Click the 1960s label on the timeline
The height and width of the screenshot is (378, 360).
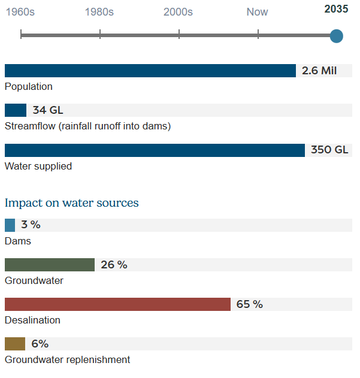pos(20,12)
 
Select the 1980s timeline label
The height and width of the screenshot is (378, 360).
pos(99,12)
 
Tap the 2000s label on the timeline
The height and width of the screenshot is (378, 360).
pos(178,12)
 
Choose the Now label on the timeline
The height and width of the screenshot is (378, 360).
pos(258,12)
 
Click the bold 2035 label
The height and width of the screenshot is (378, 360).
pos(336,9)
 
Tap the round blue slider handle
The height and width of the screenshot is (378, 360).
pos(337,36)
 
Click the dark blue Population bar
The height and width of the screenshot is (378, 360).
pos(150,71)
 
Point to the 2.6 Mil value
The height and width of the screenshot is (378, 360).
pos(319,71)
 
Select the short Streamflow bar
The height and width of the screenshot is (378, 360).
pos(16,110)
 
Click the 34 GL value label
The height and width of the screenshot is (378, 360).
pos(48,110)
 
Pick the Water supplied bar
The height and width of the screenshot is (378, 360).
pos(155,150)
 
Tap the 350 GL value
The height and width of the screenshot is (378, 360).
pos(329,150)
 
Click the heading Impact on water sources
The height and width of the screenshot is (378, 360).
pos(72,203)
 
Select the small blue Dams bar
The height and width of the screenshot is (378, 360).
pos(10,225)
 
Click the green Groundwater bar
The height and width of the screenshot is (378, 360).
pos(50,265)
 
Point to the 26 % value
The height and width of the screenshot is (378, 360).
pos(114,265)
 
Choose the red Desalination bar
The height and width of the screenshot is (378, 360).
pos(117,304)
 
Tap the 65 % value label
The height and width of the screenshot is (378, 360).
pos(250,304)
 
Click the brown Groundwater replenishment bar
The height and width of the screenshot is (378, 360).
pos(15,344)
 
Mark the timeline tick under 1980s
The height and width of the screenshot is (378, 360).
pos(100,35)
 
